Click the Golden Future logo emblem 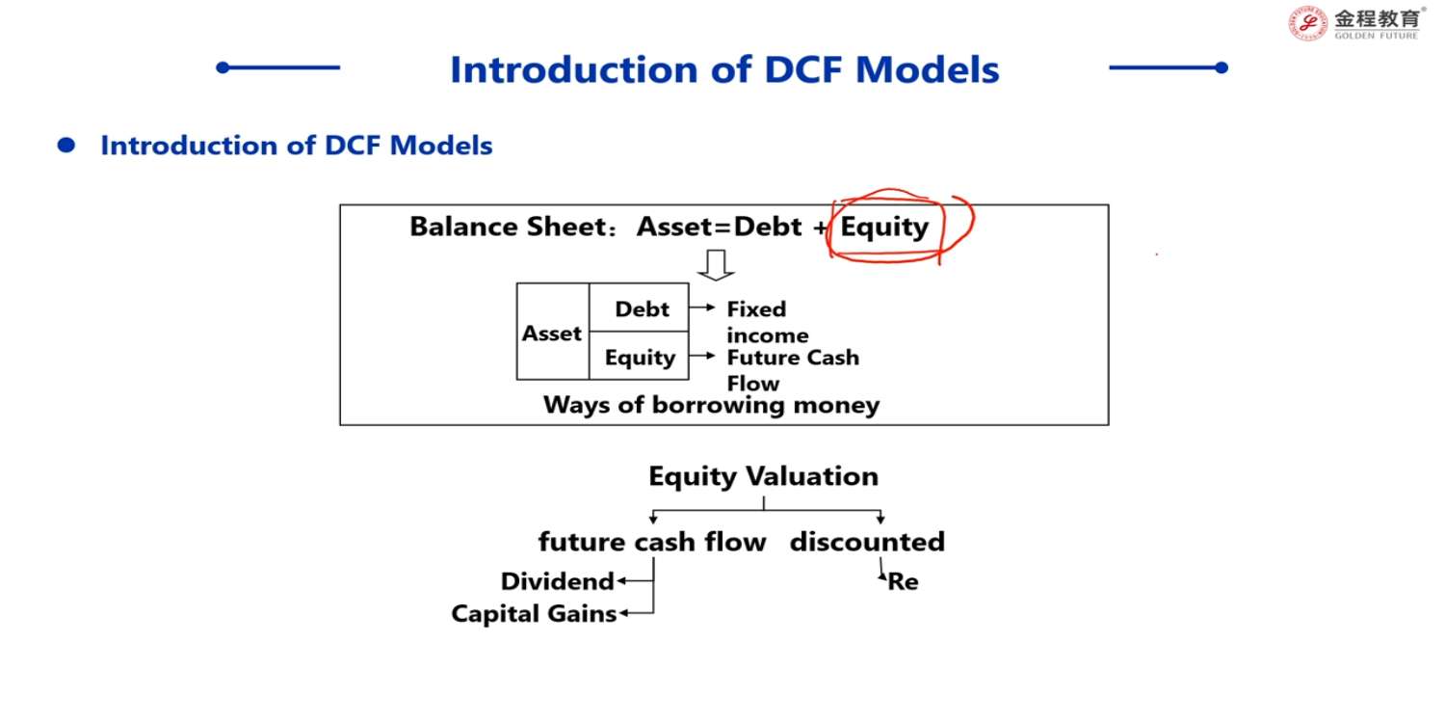[1307, 24]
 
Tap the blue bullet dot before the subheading [66, 146]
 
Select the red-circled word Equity [884, 227]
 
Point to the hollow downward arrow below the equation [716, 265]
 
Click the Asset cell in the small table [552, 333]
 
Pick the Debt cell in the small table [640, 308]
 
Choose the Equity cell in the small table [640, 357]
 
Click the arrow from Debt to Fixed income [702, 308]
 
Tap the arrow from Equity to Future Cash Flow [702, 355]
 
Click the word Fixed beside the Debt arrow [756, 309]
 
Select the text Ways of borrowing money [711, 405]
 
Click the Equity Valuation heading [763, 476]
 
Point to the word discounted [867, 542]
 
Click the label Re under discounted [903, 581]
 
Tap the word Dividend [558, 581]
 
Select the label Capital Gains [534, 613]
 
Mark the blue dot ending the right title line [1222, 67]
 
